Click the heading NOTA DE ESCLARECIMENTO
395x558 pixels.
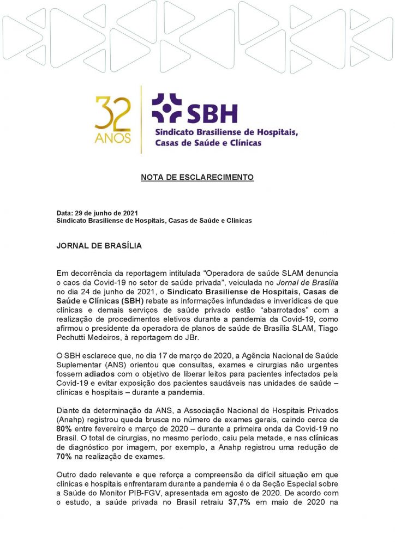[x=197, y=178]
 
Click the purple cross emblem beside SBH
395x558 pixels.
[x=166, y=108]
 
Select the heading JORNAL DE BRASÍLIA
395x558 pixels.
[x=99, y=246]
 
